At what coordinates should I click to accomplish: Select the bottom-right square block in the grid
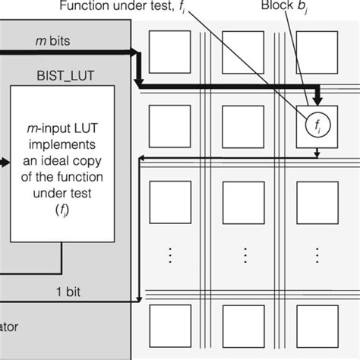(x=317, y=325)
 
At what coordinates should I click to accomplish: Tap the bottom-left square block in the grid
(x=169, y=325)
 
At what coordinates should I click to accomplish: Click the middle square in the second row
(x=243, y=125)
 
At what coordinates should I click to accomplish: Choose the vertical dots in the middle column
(x=243, y=255)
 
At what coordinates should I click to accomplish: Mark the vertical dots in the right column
(x=317, y=255)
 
